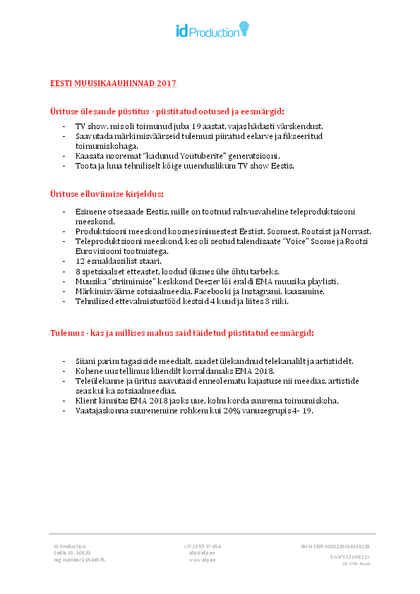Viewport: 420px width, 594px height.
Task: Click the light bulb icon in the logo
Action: pyautogui.click(x=244, y=28)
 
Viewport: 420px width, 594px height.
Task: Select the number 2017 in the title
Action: pyautogui.click(x=167, y=83)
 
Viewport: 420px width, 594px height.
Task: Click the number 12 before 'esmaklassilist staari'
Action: pyautogui.click(x=80, y=261)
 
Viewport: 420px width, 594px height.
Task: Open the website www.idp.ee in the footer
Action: pyautogui.click(x=202, y=560)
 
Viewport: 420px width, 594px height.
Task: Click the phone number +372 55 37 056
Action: pyautogui.click(x=202, y=546)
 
